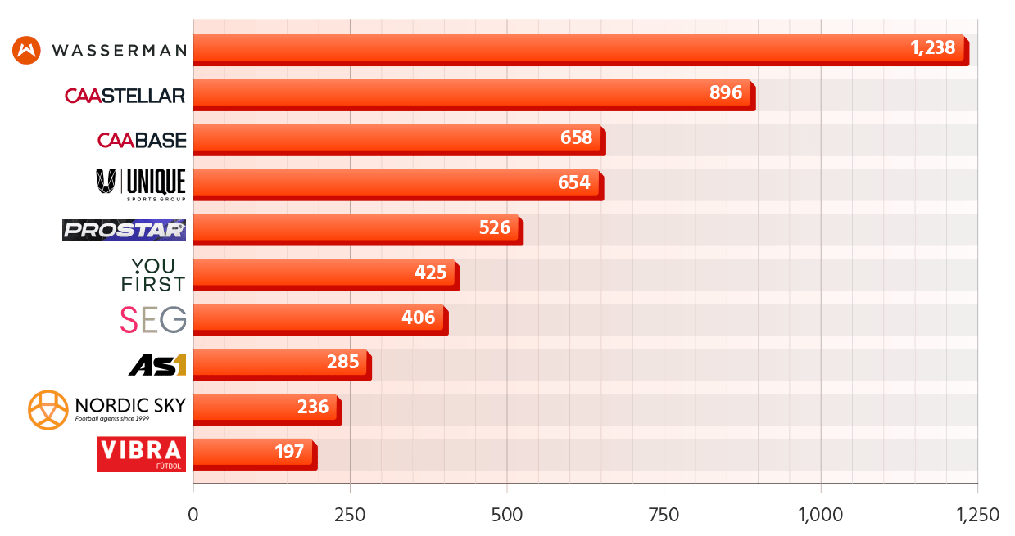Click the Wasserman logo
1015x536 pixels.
99,50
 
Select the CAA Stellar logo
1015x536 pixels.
125,95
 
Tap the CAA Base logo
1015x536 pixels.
142,140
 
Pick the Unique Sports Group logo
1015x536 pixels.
141,185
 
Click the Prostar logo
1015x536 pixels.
125,229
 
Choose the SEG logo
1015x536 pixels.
153,319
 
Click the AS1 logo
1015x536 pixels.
158,364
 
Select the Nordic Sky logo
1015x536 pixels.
106,409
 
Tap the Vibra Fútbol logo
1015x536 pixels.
141,454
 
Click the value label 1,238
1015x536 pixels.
933,47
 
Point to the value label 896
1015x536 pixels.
725,92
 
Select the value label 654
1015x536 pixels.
573,182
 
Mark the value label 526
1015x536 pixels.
495,227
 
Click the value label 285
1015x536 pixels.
342,361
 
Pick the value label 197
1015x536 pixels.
289,451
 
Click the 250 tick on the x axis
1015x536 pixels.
350,515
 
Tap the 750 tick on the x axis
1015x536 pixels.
664,515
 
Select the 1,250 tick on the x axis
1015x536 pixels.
977,515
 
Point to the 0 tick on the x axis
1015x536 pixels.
193,515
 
